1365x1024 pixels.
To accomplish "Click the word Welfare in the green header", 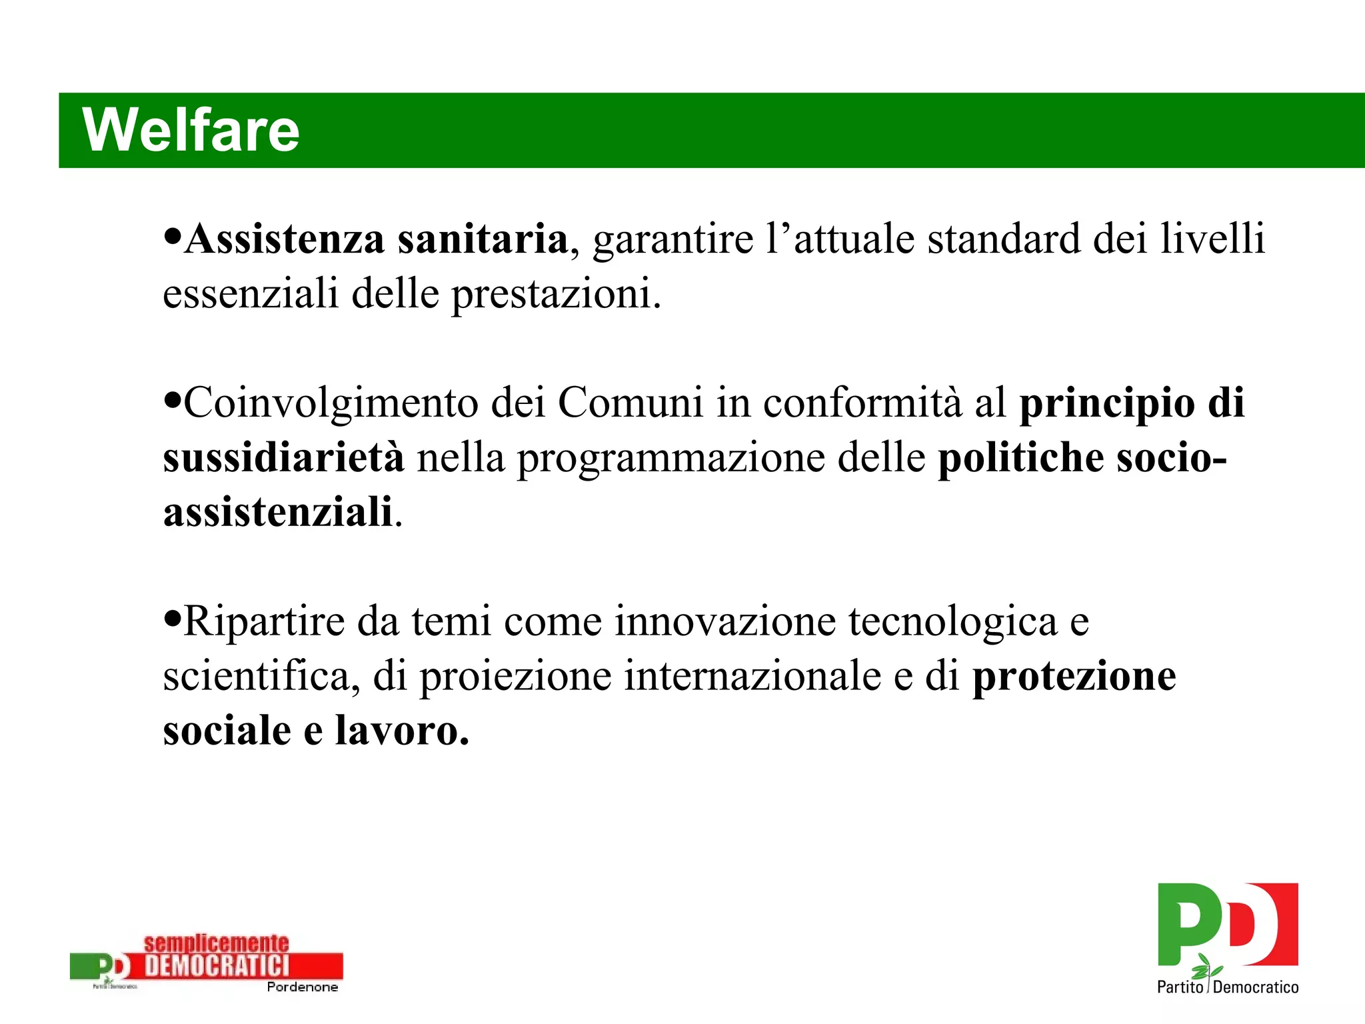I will coord(191,130).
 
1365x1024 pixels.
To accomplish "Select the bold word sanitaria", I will coord(483,239).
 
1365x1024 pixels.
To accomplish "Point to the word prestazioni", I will coord(556,294).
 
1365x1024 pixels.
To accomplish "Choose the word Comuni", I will coord(630,403).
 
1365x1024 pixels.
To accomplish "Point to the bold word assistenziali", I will coord(278,512).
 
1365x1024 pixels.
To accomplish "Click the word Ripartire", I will coord(263,621).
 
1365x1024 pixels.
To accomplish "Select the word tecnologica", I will coord(952,621).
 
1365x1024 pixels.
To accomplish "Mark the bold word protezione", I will coord(1074,677).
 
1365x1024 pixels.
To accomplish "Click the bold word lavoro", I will coord(401,731).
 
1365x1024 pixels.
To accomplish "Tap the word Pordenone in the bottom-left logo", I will coord(302,987).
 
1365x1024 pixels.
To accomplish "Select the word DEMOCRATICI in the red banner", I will coord(217,965).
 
